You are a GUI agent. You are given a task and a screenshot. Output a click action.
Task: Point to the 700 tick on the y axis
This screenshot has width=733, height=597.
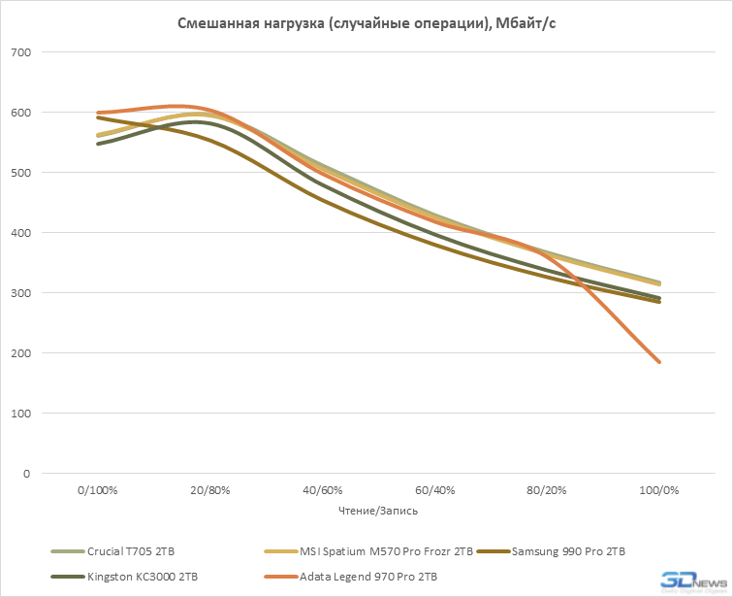tap(20, 52)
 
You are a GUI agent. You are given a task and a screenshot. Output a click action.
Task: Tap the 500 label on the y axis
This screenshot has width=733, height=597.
tap(20, 173)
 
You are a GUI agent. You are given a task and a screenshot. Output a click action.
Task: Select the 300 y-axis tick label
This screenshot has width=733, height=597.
tap(20, 293)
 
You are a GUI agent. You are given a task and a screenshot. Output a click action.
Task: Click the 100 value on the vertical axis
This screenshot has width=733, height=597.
tap(20, 414)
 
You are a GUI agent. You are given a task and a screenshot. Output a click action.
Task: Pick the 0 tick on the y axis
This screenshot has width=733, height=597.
tap(26, 474)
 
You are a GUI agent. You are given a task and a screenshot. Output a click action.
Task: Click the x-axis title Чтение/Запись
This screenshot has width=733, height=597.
tap(378, 510)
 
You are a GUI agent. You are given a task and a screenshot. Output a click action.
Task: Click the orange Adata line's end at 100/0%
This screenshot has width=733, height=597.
tap(660, 362)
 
